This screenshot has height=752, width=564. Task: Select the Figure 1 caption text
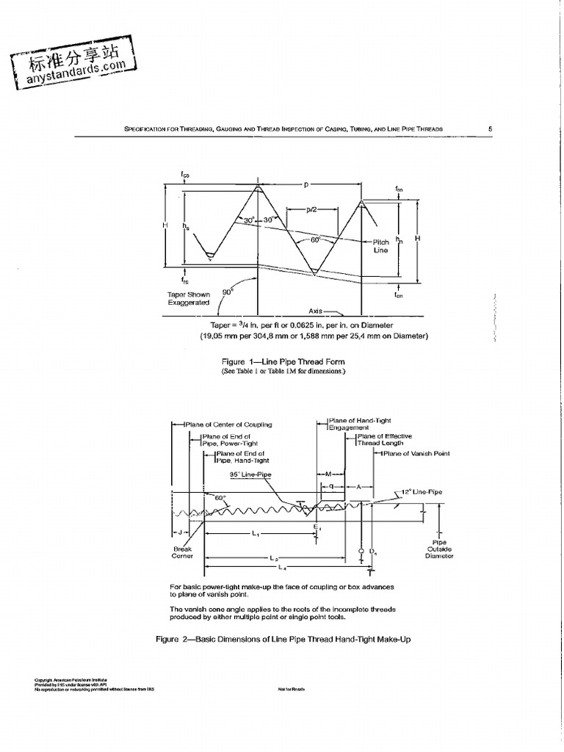click(283, 361)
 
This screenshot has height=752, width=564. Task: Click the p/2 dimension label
click(314, 210)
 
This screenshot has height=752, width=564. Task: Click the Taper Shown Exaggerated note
click(188, 297)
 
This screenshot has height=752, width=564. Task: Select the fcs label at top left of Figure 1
click(185, 175)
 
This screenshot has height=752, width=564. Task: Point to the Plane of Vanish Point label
click(416, 453)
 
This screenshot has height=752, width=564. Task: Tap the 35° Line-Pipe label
click(250, 474)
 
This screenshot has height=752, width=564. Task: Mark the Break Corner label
click(182, 552)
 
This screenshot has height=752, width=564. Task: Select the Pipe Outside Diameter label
click(439, 549)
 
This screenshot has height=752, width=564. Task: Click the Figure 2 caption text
click(283, 640)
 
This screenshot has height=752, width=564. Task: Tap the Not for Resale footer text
click(292, 690)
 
